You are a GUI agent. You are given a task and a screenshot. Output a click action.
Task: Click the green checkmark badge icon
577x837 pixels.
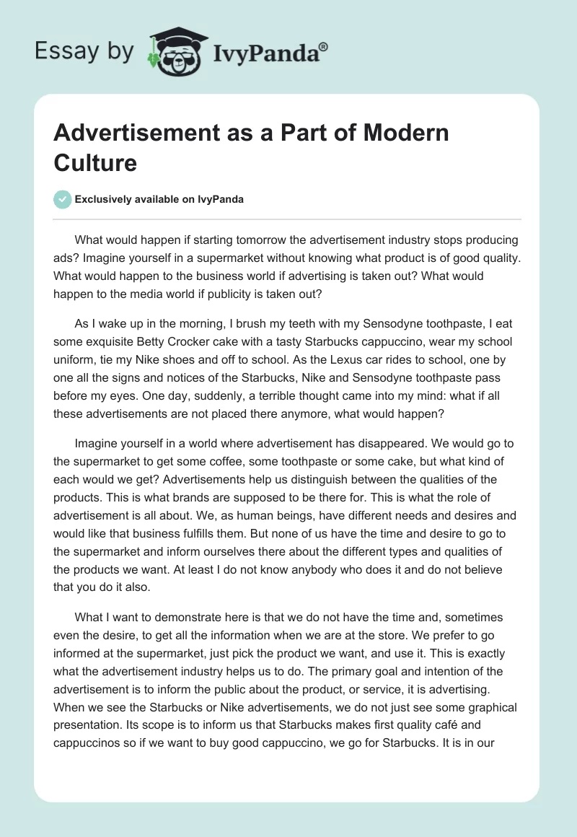pyautogui.click(x=63, y=199)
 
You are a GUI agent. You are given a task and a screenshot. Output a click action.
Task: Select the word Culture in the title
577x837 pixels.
pyautogui.click(x=95, y=162)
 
